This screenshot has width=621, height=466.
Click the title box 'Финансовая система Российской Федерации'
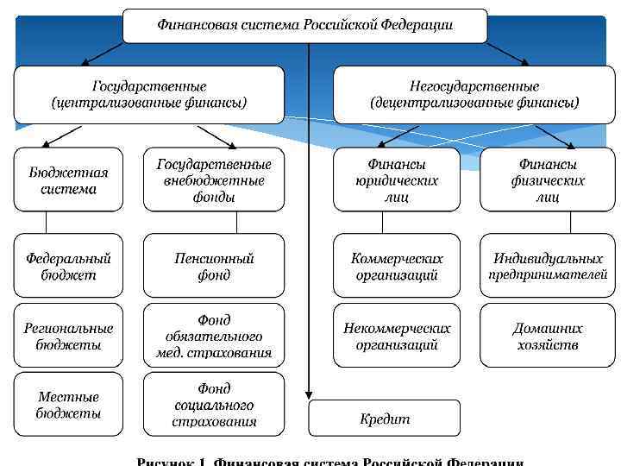pyautogui.click(x=304, y=25)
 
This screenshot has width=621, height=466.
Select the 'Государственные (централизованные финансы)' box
pyautogui.click(x=148, y=95)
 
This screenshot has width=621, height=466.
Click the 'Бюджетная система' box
pyautogui.click(x=68, y=179)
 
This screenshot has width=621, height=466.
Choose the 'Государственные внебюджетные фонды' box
pyautogui.click(x=213, y=179)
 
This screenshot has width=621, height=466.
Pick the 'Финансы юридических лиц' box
pyautogui.click(x=397, y=179)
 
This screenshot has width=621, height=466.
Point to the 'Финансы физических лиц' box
pyautogui.click(x=548, y=179)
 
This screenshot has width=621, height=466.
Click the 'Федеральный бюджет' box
pyautogui.click(x=68, y=266)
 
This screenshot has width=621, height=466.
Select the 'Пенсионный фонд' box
pyautogui.click(x=213, y=266)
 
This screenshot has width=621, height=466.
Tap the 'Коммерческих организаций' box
pyautogui.click(x=397, y=266)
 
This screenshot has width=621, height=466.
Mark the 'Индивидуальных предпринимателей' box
pyautogui.click(x=548, y=266)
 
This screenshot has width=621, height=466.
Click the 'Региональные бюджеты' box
pyautogui.click(x=68, y=335)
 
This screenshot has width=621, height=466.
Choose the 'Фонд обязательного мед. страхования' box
pyautogui.click(x=213, y=335)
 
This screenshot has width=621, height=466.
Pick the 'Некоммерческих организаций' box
pyautogui.click(x=397, y=335)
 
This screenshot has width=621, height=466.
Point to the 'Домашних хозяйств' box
pyautogui.click(x=548, y=335)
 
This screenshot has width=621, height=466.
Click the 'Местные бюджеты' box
pyautogui.click(x=68, y=404)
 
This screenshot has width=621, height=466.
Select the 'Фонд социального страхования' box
pyautogui.click(x=213, y=404)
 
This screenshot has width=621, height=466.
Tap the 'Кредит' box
pyautogui.click(x=385, y=419)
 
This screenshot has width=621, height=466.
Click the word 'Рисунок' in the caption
pyautogui.click(x=168, y=461)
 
